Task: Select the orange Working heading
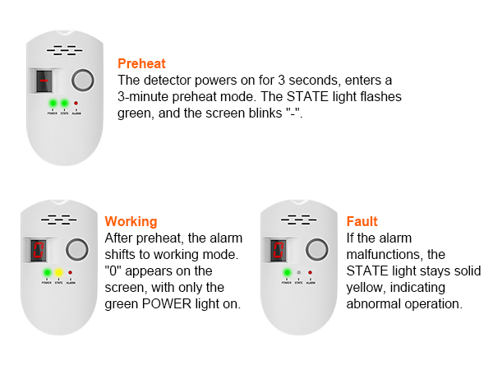pos(131,221)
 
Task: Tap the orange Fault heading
pos(362,221)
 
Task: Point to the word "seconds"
pos(315,81)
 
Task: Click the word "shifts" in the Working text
pos(123,255)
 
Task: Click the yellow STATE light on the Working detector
pos(59,272)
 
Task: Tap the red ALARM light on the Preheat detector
pos(76,104)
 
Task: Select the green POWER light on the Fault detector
pos(287,272)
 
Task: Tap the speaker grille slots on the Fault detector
pos(294,220)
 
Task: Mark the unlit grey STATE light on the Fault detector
pos(299,272)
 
